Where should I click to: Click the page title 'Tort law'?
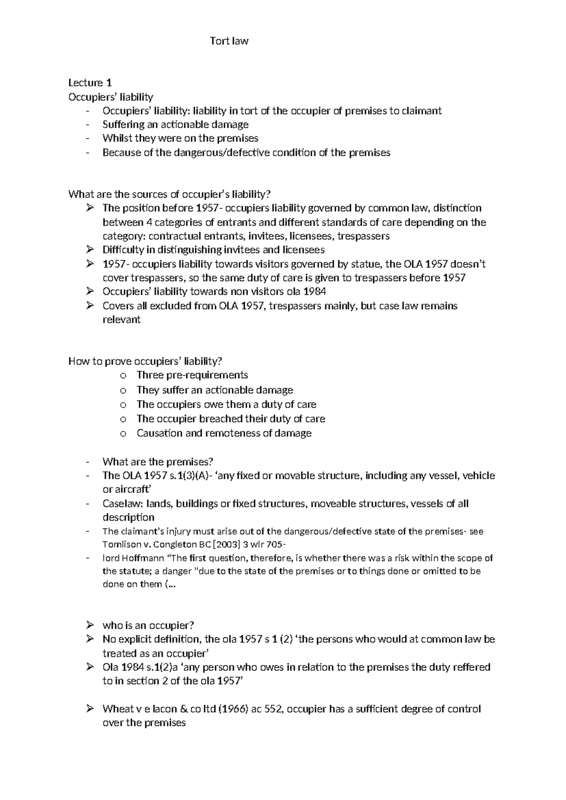(229, 41)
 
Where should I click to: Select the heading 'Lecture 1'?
(90, 83)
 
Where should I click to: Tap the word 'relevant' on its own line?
(121, 319)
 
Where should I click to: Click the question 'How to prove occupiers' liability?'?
(145, 361)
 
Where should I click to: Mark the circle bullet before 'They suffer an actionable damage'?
(123, 390)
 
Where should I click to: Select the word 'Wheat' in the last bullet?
(118, 709)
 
